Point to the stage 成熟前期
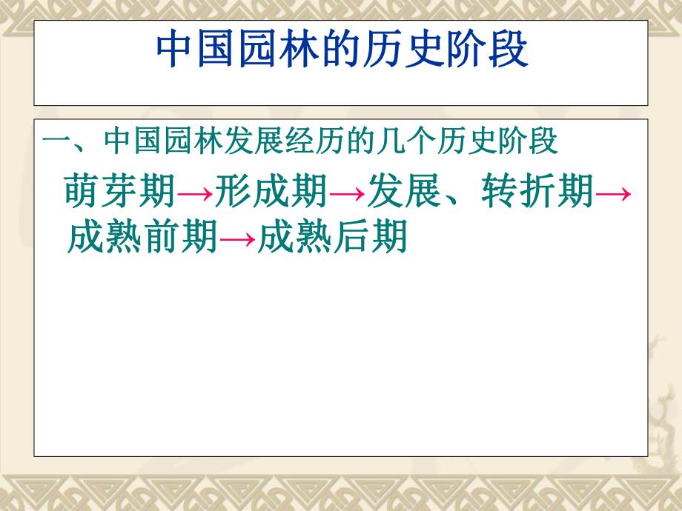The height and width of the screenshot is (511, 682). (141, 239)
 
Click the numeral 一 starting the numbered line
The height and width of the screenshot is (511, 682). (56, 142)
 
